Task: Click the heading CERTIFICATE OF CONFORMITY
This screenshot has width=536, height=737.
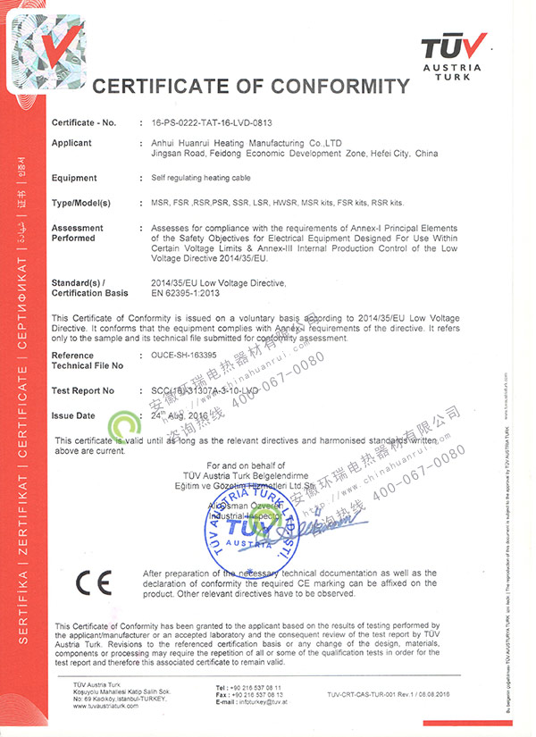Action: coord(251,87)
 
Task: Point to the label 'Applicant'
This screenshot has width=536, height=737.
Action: coord(71,143)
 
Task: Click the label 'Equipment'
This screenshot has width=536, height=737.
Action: coord(74,179)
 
